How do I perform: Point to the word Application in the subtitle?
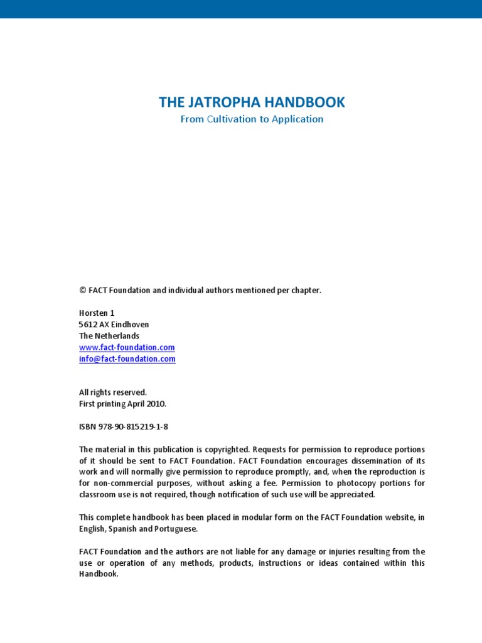(x=297, y=119)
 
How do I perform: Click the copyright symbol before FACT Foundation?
(x=82, y=290)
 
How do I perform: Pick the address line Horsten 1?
(x=97, y=313)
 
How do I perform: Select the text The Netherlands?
(x=109, y=336)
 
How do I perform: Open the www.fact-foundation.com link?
(x=127, y=347)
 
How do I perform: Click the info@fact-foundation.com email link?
(x=127, y=359)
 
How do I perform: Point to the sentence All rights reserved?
(x=113, y=392)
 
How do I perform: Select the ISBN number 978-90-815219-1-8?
(x=132, y=427)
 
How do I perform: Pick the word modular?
(x=262, y=517)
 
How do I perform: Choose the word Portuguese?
(x=177, y=529)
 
